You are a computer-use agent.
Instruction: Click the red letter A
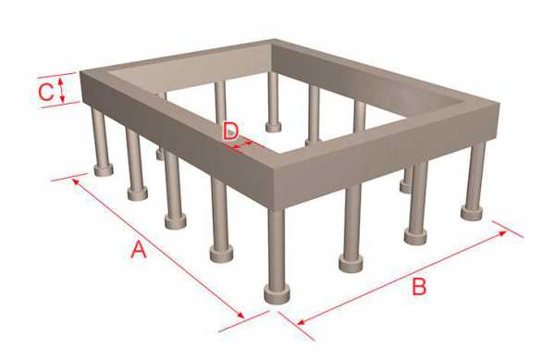coord(139,249)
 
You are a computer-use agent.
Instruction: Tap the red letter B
coord(419,286)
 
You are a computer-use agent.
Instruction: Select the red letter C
coord(46,92)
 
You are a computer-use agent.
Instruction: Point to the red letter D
coord(230,130)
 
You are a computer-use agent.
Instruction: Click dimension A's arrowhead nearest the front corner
coord(240,315)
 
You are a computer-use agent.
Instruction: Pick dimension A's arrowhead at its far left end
coord(76,182)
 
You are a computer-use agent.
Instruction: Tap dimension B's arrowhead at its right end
coord(502,233)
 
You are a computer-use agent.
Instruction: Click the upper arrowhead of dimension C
coord(61,81)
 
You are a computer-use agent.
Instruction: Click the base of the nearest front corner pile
coord(277,294)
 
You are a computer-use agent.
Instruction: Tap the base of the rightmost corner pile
coord(472,213)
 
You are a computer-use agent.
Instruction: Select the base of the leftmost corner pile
coord(104,170)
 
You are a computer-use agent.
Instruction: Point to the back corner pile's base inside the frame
coord(273,127)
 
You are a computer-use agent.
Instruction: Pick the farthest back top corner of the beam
coord(273,40)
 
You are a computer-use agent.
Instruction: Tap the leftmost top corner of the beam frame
coord(80,71)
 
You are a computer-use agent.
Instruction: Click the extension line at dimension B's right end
coord(507,230)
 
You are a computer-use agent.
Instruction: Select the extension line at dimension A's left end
coord(69,177)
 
